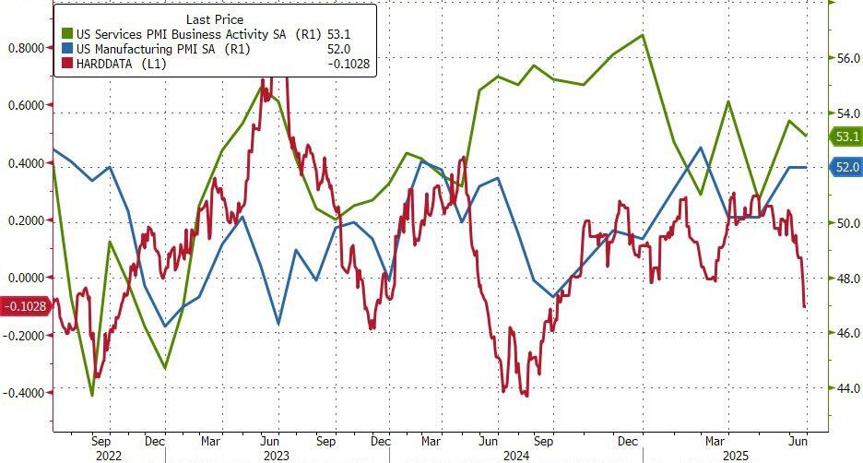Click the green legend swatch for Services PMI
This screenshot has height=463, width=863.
coord(62,34)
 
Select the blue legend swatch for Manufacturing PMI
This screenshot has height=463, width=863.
coord(62,50)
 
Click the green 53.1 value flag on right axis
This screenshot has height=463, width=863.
coord(845,137)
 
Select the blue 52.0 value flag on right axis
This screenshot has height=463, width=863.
coord(845,167)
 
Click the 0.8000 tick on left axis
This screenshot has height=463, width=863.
coord(25,48)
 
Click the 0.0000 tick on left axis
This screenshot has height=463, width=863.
coord(25,278)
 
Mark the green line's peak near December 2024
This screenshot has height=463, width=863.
coord(643,35)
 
